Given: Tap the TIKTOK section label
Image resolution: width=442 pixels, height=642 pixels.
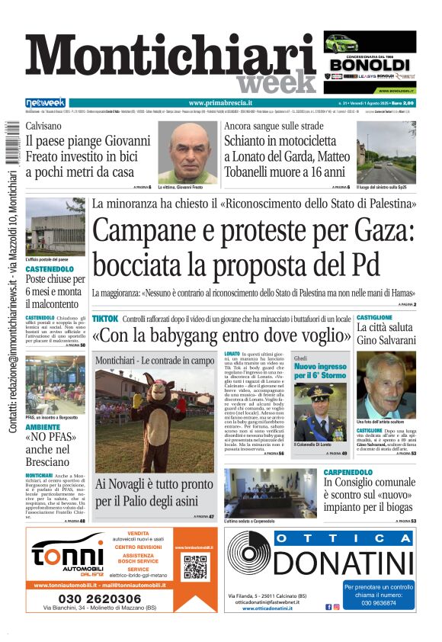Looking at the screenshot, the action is (x=104, y=318).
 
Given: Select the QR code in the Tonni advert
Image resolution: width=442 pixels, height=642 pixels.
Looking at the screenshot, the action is (x=195, y=567).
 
